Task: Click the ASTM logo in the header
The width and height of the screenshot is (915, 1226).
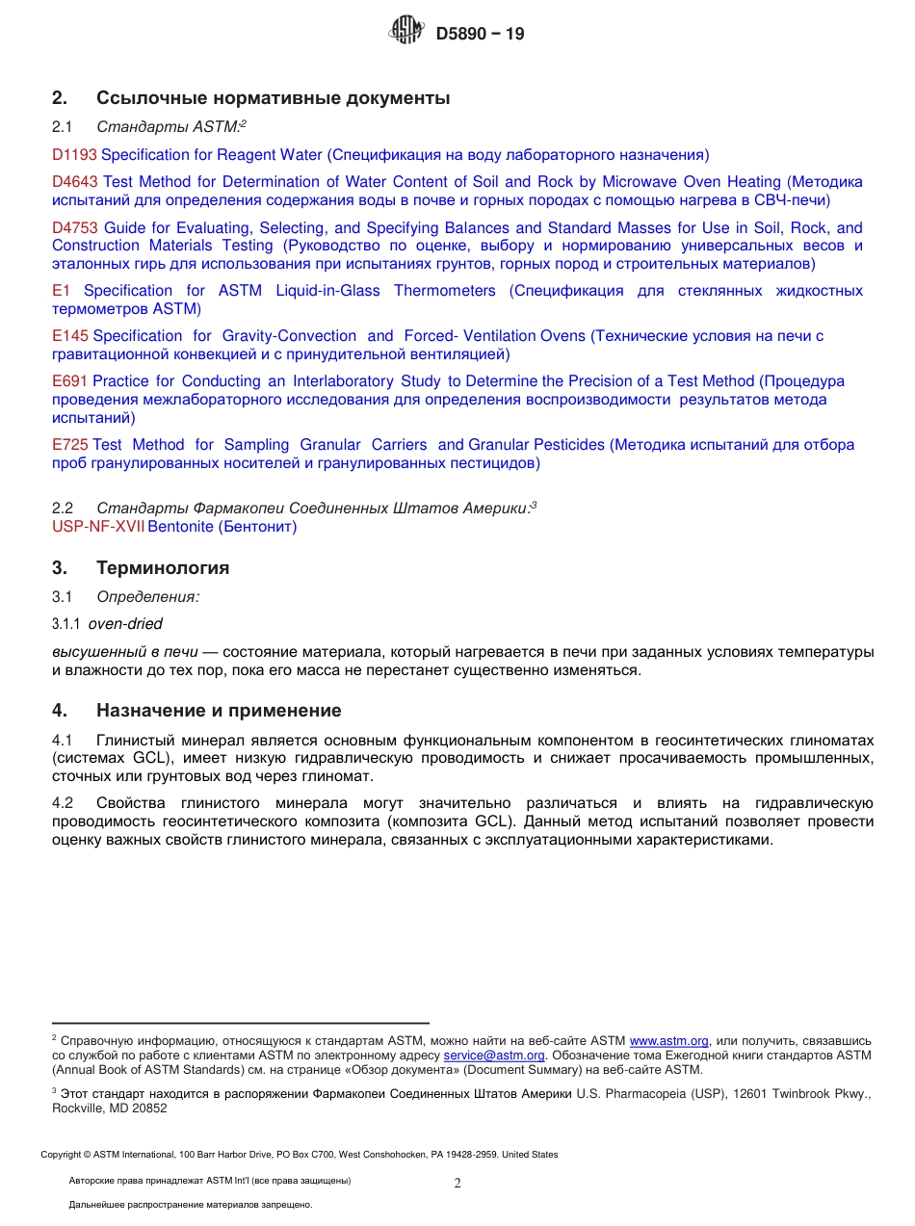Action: (x=405, y=32)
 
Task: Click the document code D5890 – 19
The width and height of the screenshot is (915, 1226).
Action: (x=480, y=34)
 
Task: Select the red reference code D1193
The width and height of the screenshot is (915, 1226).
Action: (x=74, y=154)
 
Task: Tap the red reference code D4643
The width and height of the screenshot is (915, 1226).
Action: (x=75, y=181)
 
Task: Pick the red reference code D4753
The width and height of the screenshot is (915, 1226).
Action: (x=75, y=227)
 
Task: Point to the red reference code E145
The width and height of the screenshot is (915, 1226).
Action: (x=70, y=335)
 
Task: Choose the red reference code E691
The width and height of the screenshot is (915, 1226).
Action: (x=70, y=381)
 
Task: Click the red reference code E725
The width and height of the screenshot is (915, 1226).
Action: (x=70, y=444)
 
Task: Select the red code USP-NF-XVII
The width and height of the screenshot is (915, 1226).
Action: (x=98, y=527)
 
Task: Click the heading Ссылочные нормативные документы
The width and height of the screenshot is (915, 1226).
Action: (x=273, y=97)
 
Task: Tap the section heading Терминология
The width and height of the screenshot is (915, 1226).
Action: (x=163, y=567)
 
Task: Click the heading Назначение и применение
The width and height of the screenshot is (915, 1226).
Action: (x=219, y=711)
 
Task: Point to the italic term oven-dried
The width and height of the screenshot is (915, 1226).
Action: (x=125, y=623)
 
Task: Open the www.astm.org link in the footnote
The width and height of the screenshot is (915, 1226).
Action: (x=668, y=1041)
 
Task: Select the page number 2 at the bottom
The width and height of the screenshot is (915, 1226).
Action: (x=457, y=1184)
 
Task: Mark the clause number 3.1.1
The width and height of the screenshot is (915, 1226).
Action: (x=65, y=624)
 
